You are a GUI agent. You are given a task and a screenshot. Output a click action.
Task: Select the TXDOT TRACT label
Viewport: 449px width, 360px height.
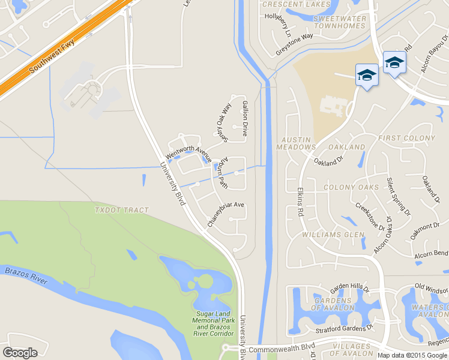coord(121,210)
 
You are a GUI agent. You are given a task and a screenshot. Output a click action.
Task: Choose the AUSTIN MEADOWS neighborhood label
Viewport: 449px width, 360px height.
coord(296,143)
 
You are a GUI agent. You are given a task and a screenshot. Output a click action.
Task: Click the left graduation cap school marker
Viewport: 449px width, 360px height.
coord(367,76)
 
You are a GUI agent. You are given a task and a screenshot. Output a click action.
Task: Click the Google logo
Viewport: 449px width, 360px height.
coord(20,353)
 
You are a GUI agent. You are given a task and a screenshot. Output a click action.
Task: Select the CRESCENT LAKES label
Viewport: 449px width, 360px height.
coord(297,5)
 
